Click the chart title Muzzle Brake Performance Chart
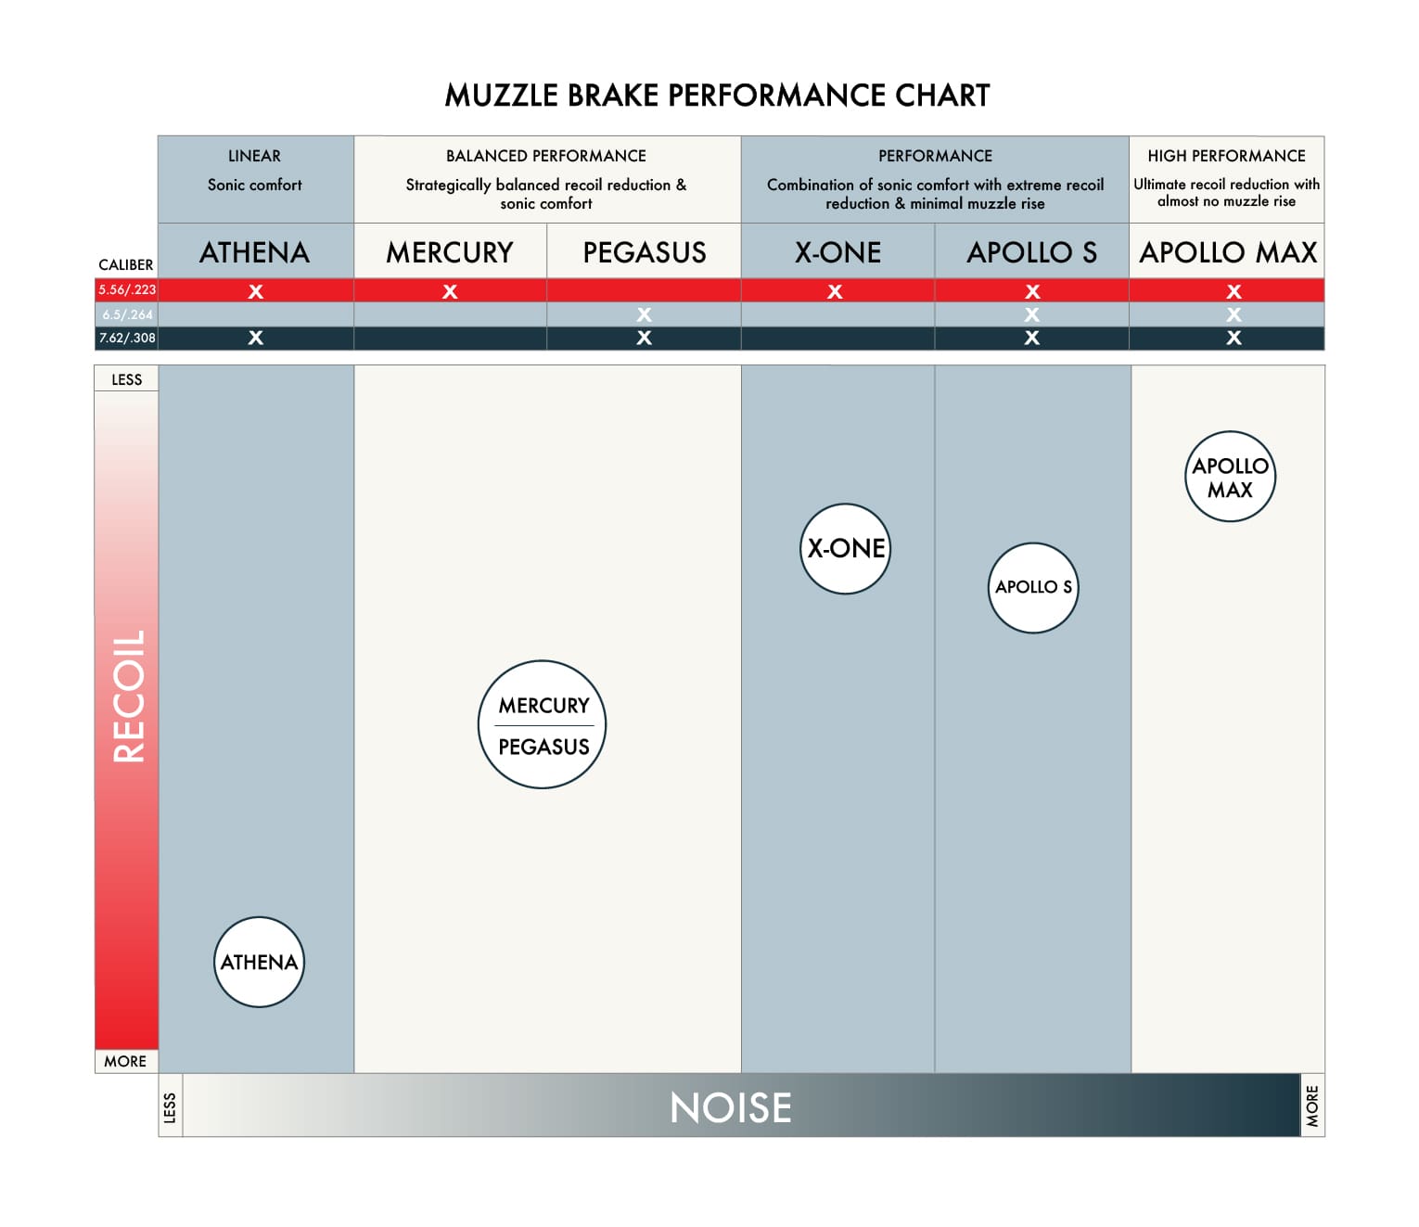click(x=717, y=96)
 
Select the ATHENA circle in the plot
click(x=259, y=962)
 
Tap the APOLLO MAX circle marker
click(x=1230, y=477)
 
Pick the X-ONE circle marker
click(x=845, y=548)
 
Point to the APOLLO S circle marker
click(x=1033, y=587)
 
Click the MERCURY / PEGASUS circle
click(x=543, y=724)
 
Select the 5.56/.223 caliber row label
click(x=127, y=290)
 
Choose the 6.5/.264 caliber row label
click(x=127, y=314)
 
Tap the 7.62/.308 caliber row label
click(x=127, y=338)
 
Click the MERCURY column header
click(x=450, y=252)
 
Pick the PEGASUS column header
click(x=645, y=252)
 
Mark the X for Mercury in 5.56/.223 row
click(x=450, y=291)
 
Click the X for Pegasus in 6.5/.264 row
click(x=645, y=314)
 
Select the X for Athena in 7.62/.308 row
click(x=256, y=338)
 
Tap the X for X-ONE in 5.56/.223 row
click(x=835, y=291)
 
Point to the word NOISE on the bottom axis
click(x=731, y=1107)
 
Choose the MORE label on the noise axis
click(x=1312, y=1106)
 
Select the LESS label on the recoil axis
click(x=127, y=379)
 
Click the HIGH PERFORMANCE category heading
click(x=1226, y=156)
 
